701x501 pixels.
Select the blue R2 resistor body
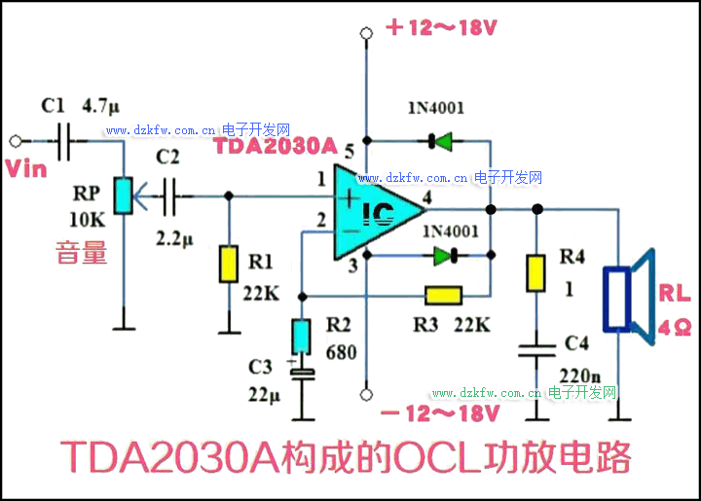302,337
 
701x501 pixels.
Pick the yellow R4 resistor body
535,273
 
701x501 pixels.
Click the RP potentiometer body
124,196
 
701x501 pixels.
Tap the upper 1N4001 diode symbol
440,142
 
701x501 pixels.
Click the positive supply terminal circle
367,35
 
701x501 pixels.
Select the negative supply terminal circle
367,394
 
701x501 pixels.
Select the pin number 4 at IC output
425,196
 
